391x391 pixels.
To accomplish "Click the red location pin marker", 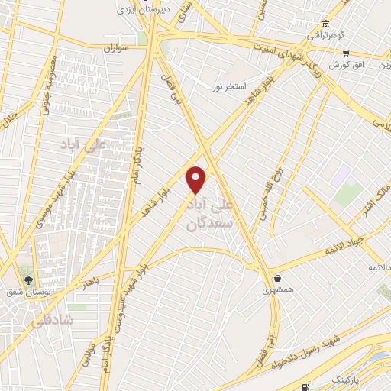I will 196,179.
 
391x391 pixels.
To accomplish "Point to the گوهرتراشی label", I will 326,36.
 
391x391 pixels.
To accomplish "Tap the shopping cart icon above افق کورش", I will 346,53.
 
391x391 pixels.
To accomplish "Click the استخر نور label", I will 229,86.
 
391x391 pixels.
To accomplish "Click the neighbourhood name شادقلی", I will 53,322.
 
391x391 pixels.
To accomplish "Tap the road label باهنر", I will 91,282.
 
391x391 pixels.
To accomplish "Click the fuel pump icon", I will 306,389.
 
